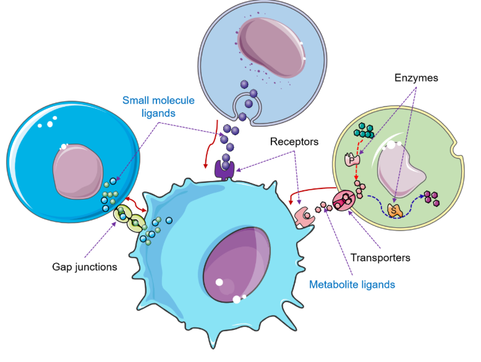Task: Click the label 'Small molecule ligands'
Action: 158,106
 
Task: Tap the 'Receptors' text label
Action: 294,142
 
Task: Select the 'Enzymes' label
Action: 415,78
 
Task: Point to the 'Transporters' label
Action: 380,256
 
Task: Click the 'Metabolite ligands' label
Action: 352,285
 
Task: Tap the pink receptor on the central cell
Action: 305,217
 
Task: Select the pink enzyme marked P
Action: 352,159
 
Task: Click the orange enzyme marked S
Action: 395,209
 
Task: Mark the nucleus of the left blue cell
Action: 77,170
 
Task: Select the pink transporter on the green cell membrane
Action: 344,201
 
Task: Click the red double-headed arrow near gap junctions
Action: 134,208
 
